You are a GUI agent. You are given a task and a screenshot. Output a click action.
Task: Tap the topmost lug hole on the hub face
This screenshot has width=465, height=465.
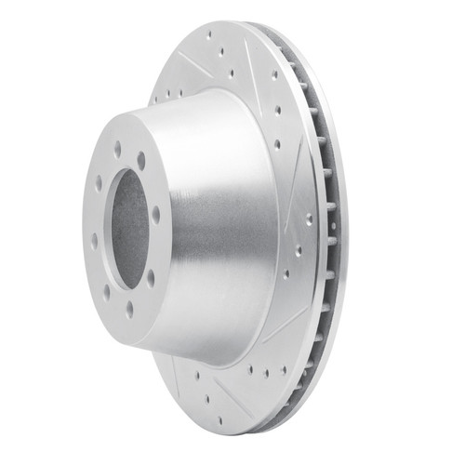[118, 146]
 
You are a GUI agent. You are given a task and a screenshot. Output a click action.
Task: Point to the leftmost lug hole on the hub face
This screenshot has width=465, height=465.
[95, 240]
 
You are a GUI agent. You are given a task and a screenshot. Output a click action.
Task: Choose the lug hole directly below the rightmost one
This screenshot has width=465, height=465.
[151, 276]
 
